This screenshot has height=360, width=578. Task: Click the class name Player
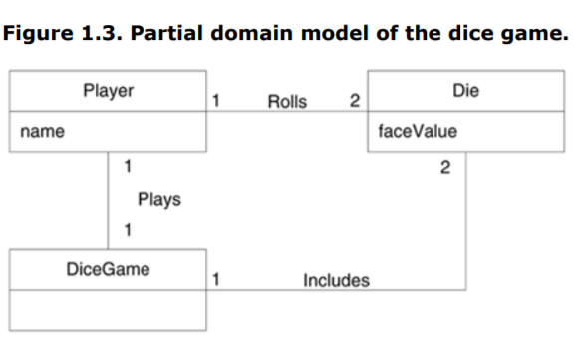point(108,91)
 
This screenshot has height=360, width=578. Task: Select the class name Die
point(465,91)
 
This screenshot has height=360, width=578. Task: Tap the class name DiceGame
point(108,269)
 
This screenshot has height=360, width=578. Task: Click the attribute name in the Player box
point(37,131)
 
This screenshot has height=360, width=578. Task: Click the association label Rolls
point(287,101)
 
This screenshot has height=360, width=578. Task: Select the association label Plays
point(158,200)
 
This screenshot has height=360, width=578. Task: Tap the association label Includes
point(335,281)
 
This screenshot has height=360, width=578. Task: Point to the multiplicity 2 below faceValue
point(444,166)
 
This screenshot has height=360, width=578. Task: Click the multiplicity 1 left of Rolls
point(218,101)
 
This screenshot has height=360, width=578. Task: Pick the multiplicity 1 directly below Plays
point(127,231)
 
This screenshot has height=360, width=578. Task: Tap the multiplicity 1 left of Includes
point(218,280)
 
